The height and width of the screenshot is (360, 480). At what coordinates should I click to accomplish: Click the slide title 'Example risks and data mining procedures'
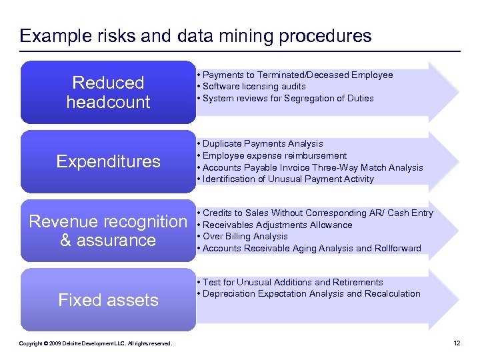point(195,35)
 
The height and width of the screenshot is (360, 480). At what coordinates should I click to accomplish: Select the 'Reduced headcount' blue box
point(108,92)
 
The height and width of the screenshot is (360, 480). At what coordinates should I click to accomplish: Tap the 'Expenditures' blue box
point(108,161)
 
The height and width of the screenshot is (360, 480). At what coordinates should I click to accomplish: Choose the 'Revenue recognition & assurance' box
point(108,231)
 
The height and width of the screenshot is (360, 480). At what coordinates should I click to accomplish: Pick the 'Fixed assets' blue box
point(108,300)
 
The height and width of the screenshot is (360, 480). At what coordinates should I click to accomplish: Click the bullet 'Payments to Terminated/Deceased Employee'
point(297,75)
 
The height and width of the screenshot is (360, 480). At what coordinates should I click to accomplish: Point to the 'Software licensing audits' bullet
point(254,86)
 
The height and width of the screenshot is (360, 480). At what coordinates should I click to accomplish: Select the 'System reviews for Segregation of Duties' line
point(288,98)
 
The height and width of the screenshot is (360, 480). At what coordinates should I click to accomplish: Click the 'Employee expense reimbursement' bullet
point(275,155)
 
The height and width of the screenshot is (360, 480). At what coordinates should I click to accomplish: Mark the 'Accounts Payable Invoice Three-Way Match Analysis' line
point(313,167)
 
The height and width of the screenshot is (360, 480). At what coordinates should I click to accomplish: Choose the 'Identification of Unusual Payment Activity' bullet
point(288,179)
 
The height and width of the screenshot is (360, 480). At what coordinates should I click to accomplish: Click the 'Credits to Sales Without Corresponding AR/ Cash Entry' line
point(317,213)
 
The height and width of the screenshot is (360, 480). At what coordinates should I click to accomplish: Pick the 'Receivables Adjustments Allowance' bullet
point(277,225)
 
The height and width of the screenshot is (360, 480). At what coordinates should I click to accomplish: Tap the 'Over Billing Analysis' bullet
point(245,236)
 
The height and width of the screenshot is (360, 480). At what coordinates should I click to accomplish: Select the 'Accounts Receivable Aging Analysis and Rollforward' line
point(311,248)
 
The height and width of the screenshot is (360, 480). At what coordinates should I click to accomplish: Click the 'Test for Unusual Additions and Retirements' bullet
point(293,282)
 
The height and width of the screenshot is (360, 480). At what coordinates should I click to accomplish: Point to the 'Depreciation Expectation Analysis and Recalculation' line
point(311,293)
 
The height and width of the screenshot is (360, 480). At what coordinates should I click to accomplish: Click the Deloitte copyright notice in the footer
point(95,343)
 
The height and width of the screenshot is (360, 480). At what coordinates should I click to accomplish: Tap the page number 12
point(457,343)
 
